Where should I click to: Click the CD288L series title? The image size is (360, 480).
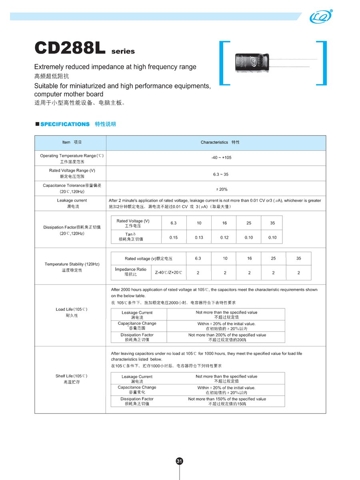click(84, 48)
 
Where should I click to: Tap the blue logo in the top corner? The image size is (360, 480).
click(321, 17)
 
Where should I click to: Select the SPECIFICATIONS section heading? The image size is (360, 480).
click(65, 124)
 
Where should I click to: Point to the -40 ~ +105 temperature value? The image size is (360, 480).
click(221, 158)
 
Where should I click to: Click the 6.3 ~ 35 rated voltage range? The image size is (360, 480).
click(221, 174)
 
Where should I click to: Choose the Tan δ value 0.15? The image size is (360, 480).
click(174, 238)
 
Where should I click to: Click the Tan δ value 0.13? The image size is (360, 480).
click(199, 238)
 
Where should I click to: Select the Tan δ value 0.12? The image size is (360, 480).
click(224, 238)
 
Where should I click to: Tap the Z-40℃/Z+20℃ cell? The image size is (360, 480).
click(168, 272)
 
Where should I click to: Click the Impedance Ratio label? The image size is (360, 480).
click(131, 272)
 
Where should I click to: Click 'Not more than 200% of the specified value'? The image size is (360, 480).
click(227, 337)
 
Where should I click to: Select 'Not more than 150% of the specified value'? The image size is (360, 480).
click(227, 401)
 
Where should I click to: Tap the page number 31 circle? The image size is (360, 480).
click(180, 461)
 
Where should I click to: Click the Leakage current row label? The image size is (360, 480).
click(72, 203)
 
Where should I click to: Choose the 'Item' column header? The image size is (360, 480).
click(72, 142)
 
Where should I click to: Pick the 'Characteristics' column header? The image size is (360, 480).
click(220, 142)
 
